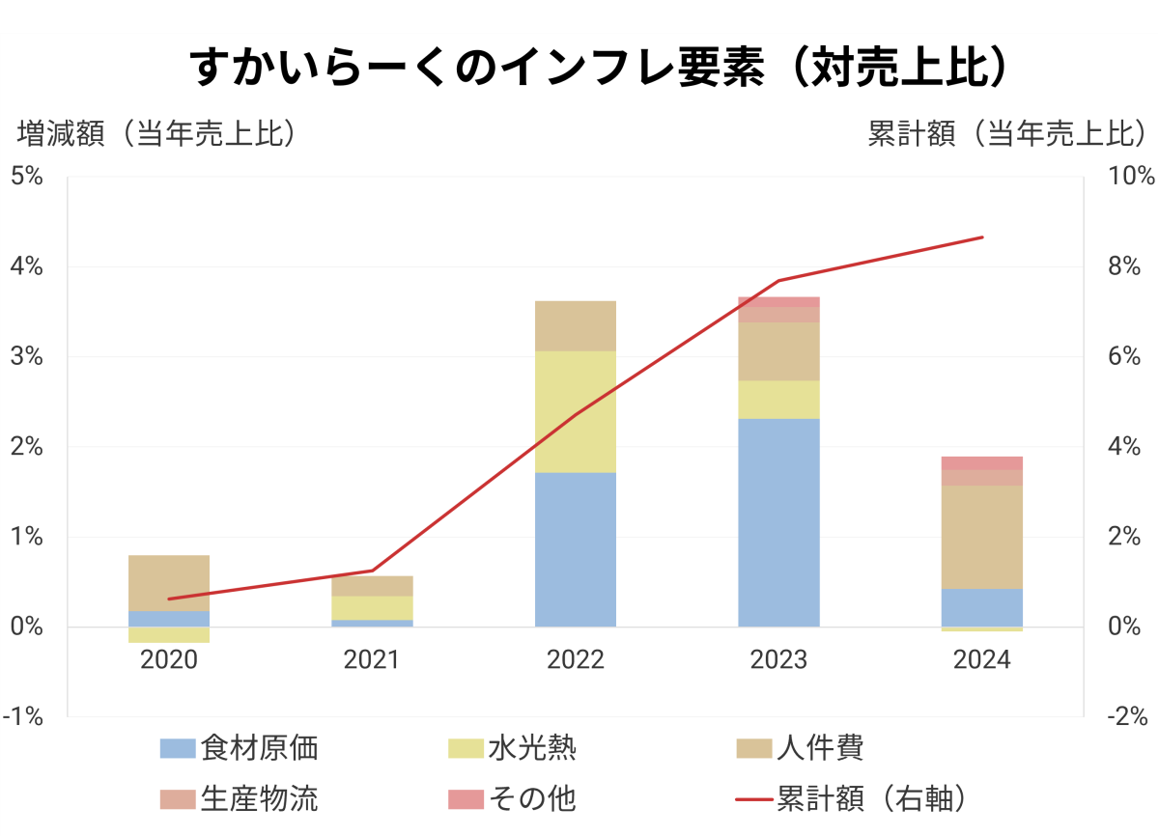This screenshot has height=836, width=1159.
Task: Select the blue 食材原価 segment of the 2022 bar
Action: [x=576, y=549]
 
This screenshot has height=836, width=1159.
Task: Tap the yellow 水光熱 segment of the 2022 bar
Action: [x=576, y=411]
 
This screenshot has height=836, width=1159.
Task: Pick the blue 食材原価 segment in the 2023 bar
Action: [x=778, y=522]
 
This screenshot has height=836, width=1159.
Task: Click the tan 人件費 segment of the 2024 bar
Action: [x=982, y=537]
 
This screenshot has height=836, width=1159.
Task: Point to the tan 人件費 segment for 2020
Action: [x=169, y=583]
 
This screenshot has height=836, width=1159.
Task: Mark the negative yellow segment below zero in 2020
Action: [x=169, y=635]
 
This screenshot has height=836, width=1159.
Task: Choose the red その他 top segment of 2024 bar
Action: [x=982, y=463]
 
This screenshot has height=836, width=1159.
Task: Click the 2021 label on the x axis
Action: [x=372, y=660]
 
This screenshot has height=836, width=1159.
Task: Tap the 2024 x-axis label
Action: [x=982, y=660]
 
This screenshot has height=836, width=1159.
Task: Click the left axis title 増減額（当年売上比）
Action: [x=155, y=134]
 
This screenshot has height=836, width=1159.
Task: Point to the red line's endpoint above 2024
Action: [x=982, y=237]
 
